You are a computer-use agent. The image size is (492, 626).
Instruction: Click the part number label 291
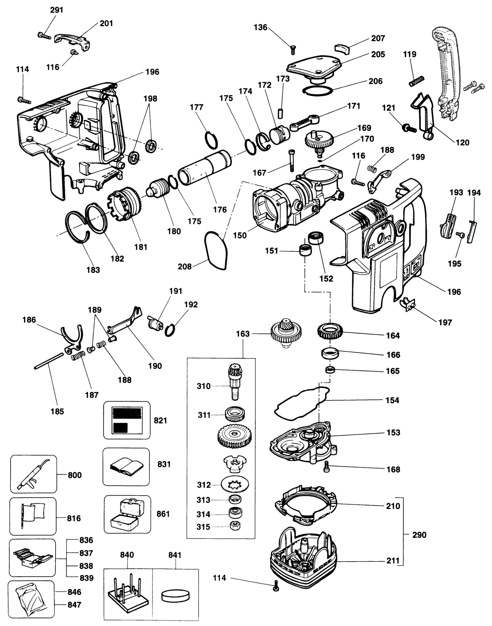click(56, 10)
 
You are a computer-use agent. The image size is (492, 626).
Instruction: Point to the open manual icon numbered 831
click(126, 467)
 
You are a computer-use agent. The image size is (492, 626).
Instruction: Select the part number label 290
click(419, 535)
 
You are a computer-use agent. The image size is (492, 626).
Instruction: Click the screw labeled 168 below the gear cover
click(327, 466)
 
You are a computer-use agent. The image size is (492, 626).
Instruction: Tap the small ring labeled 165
click(330, 370)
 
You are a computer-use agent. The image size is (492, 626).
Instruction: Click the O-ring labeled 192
click(170, 330)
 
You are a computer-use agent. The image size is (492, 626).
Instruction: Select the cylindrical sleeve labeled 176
click(204, 168)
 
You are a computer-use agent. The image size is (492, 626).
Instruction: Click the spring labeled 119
click(417, 81)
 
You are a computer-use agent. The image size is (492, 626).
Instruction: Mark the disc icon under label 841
click(175, 595)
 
